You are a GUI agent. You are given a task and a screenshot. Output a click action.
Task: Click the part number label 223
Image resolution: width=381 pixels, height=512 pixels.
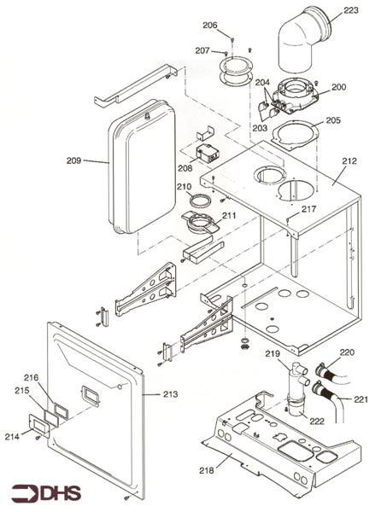tap(351, 11)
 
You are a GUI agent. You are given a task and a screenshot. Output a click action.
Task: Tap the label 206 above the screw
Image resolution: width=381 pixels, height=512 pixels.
tap(209, 26)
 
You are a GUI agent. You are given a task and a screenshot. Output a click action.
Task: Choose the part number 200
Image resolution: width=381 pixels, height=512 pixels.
tap(338, 87)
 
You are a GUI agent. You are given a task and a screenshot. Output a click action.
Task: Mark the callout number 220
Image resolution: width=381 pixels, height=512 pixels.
tap(346, 352)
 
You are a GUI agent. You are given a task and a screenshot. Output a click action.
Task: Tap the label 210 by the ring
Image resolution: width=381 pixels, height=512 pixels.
tap(184, 186)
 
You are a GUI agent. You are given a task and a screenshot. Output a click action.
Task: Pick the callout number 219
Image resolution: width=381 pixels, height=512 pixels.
tap(272, 354)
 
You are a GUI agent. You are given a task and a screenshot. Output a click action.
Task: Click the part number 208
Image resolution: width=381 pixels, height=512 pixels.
tap(185, 169)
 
